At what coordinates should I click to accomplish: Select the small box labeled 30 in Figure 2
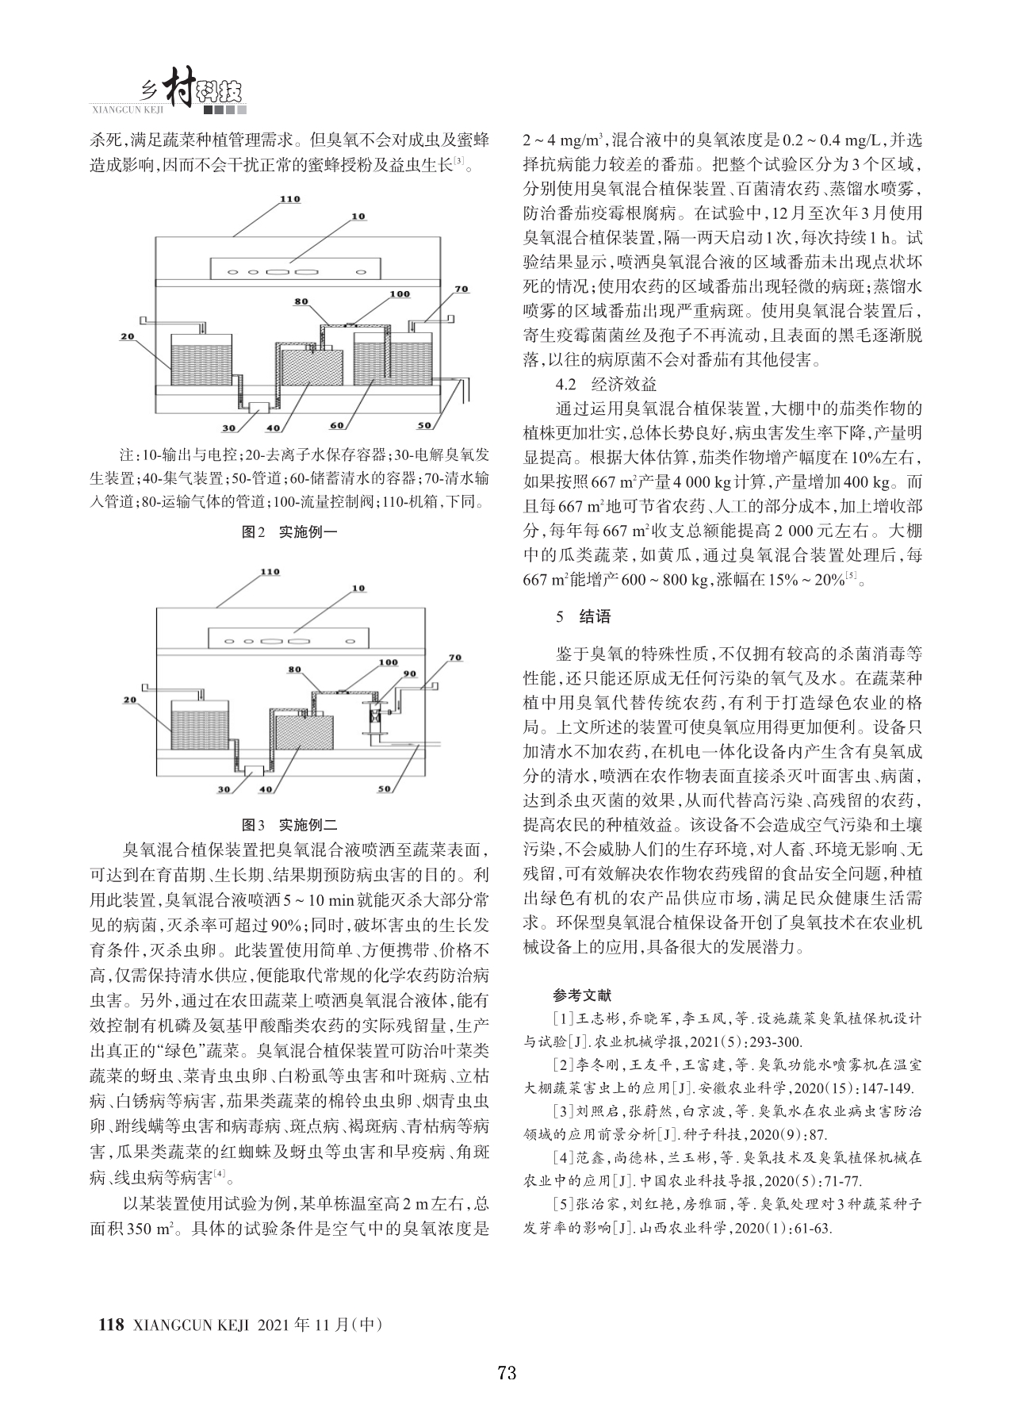pos(258,407)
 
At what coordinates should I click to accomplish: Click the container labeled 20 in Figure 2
pos(201,355)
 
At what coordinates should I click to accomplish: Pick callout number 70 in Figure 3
pos(454,658)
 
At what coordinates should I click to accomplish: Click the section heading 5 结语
pos(584,616)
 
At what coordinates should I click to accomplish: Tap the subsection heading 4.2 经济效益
pos(606,385)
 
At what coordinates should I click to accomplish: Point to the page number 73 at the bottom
pos(507,1373)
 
